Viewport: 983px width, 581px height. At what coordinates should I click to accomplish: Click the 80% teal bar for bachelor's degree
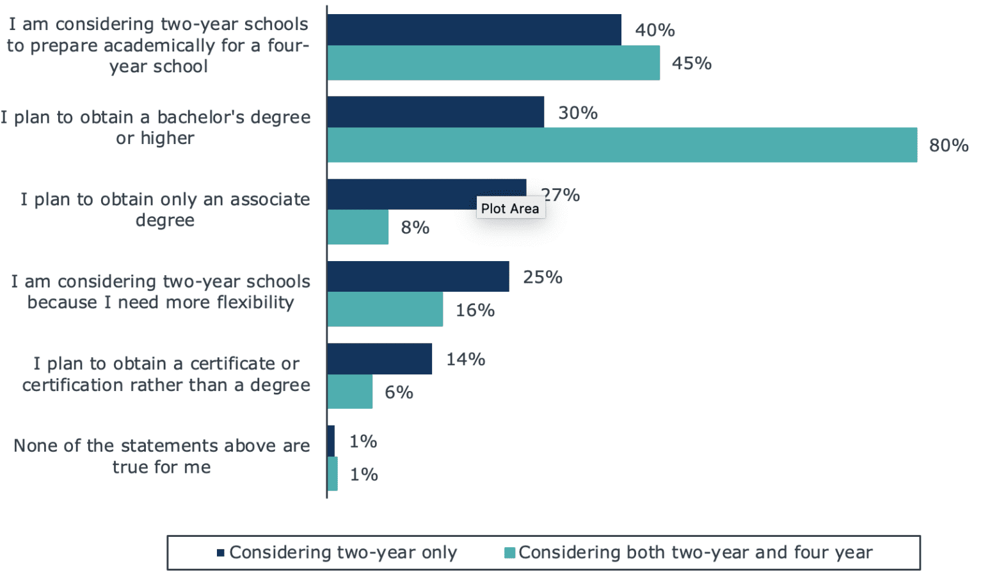(x=621, y=145)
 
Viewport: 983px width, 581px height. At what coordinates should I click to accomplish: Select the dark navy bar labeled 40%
(x=474, y=29)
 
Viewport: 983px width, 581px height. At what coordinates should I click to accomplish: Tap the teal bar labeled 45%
(x=493, y=63)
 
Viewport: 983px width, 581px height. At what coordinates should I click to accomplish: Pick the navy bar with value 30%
(x=435, y=112)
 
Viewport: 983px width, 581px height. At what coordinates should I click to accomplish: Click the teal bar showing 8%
(x=358, y=227)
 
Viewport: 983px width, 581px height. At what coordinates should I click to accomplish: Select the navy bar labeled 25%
(x=418, y=276)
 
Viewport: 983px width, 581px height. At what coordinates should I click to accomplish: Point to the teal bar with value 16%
(x=385, y=310)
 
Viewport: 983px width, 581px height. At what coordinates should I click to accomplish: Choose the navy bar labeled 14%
(x=380, y=359)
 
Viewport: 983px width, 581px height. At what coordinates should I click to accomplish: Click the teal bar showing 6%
(x=349, y=392)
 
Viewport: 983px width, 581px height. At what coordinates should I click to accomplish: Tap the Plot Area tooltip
(x=510, y=209)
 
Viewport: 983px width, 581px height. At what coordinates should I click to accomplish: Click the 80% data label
(x=948, y=145)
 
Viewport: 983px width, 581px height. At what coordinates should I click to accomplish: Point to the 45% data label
(x=691, y=63)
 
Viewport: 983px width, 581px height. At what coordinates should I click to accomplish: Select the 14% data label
(x=465, y=359)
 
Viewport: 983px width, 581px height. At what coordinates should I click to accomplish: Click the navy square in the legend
(x=221, y=553)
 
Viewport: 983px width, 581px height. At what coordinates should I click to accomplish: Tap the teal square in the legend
(x=509, y=553)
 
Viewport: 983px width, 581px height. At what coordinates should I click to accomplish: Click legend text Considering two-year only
(x=343, y=553)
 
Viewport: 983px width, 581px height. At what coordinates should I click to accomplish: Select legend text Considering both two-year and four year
(x=695, y=553)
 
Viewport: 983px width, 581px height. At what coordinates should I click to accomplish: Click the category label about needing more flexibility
(x=160, y=292)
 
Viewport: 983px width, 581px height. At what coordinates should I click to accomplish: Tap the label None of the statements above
(x=161, y=456)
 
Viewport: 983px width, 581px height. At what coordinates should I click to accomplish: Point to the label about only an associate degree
(x=164, y=209)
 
